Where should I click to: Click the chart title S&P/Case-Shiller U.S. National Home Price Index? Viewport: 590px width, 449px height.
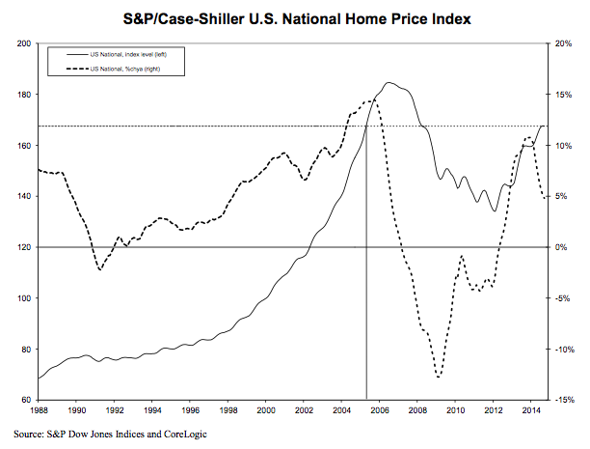pos(294,17)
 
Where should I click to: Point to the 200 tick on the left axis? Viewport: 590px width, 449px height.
pos(24,43)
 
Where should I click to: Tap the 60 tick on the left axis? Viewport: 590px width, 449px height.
pos(26,400)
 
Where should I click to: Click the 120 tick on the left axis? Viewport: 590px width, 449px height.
pos(24,247)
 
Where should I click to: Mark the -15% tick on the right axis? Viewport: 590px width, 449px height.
pos(565,400)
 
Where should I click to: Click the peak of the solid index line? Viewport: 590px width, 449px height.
pos(389,83)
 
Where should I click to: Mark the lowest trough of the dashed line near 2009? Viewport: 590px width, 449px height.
pos(439,378)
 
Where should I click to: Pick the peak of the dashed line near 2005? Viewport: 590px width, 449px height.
pos(372,100)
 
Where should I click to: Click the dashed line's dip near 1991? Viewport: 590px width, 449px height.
pos(100,269)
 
